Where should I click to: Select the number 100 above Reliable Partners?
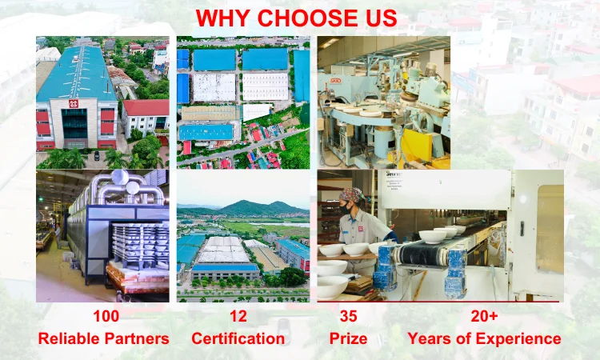pyautogui.click(x=106, y=316)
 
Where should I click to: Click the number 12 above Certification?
pyautogui.click(x=238, y=316)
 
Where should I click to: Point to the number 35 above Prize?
pyautogui.click(x=348, y=316)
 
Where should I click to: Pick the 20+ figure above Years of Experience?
pyautogui.click(x=484, y=316)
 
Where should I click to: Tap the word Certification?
pyautogui.click(x=238, y=338)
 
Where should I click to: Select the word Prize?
pyautogui.click(x=348, y=338)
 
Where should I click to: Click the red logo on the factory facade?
pyautogui.click(x=74, y=104)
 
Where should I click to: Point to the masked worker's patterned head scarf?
pyautogui.click(x=352, y=194)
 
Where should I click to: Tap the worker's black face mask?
pyautogui.click(x=346, y=209)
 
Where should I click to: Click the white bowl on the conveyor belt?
pyautogui.click(x=433, y=237)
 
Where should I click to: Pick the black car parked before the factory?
pyautogui.click(x=97, y=156)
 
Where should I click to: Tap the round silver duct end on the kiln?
pyautogui.click(x=120, y=178)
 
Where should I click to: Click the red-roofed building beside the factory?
pyautogui.click(x=146, y=118)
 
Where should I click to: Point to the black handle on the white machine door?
pyautogui.click(x=522, y=228)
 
